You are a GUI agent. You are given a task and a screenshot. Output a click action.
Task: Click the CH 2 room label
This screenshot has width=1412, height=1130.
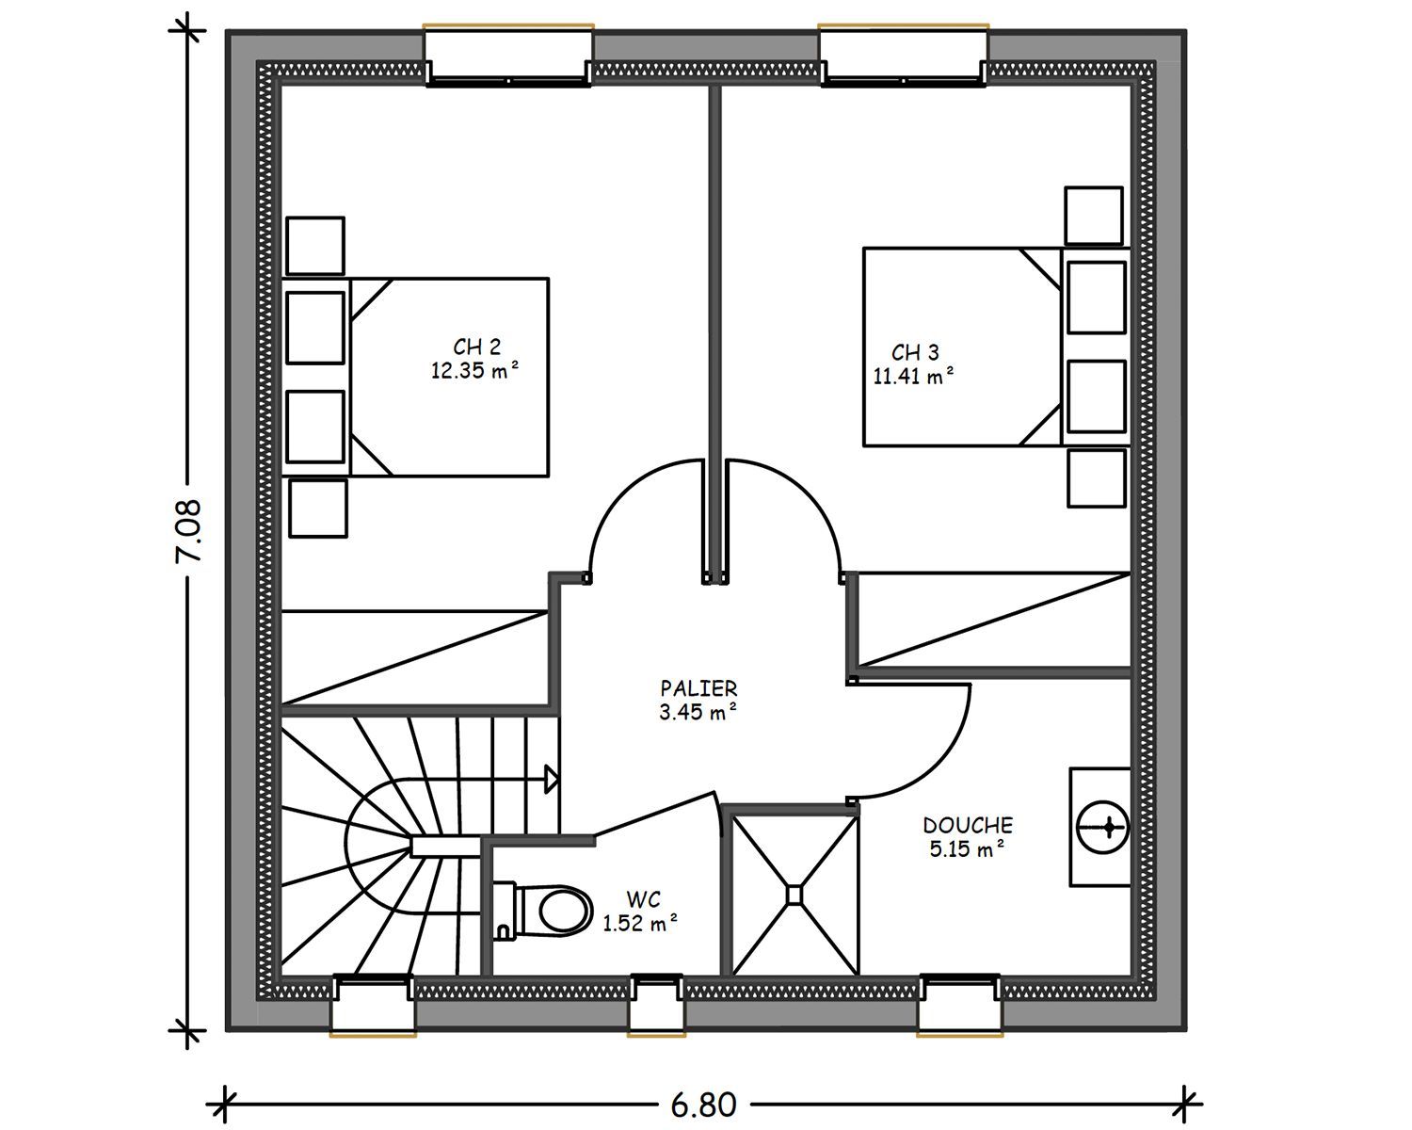477,347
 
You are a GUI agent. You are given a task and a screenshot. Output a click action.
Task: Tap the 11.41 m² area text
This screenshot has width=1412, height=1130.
913,376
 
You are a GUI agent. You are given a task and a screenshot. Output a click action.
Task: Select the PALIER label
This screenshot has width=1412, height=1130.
698,688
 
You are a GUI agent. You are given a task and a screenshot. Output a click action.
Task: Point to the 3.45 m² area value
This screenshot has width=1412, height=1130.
698,712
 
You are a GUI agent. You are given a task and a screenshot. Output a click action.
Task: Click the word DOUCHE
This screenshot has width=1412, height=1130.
968,825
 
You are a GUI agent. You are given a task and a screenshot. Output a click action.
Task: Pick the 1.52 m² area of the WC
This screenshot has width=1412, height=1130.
640,924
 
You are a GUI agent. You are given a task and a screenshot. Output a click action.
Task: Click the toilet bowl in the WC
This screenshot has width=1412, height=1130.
562,911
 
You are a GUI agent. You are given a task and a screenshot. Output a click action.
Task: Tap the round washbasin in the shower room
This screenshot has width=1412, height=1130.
1102,828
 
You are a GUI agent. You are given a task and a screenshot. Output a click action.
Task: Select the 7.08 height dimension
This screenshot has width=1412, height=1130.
188,531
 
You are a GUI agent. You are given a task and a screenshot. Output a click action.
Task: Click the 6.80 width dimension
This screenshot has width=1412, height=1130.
703,1106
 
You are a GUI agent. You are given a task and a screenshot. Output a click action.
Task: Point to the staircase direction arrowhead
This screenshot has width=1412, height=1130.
552,780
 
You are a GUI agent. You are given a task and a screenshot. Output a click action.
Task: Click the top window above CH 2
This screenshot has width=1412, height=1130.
508,56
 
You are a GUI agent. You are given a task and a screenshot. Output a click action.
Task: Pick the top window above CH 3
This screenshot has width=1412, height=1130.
904,56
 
